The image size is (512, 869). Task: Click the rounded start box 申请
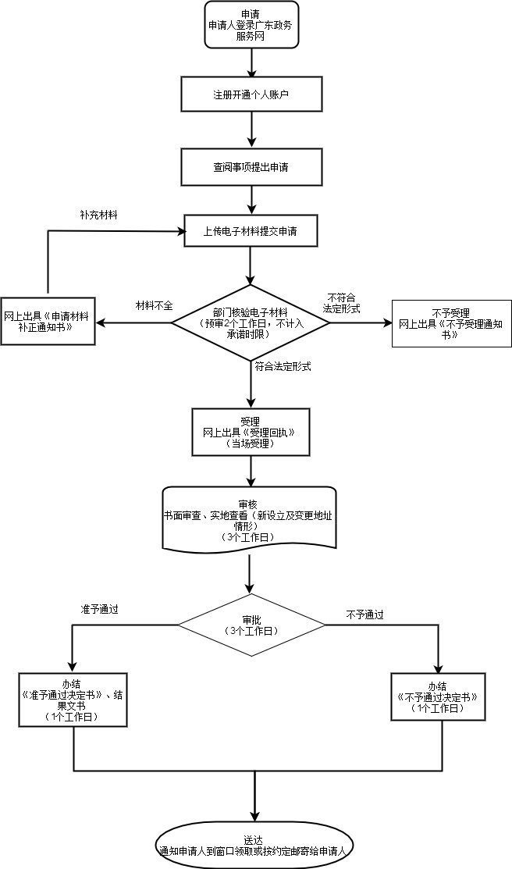(x=251, y=25)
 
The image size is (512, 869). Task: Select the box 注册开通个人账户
(x=251, y=94)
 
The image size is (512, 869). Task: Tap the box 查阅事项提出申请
(x=251, y=166)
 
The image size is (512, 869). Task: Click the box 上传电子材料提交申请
(x=251, y=230)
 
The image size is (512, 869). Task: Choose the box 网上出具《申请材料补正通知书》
(x=48, y=322)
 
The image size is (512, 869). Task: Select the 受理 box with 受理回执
(x=251, y=432)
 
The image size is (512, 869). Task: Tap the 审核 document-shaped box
(x=250, y=517)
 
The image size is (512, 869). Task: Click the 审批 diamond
(x=251, y=624)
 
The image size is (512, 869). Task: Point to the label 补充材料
(x=98, y=214)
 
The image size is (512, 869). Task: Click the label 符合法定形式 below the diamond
(x=283, y=365)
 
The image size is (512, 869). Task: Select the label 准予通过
(x=99, y=607)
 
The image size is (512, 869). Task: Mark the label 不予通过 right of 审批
(x=365, y=614)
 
